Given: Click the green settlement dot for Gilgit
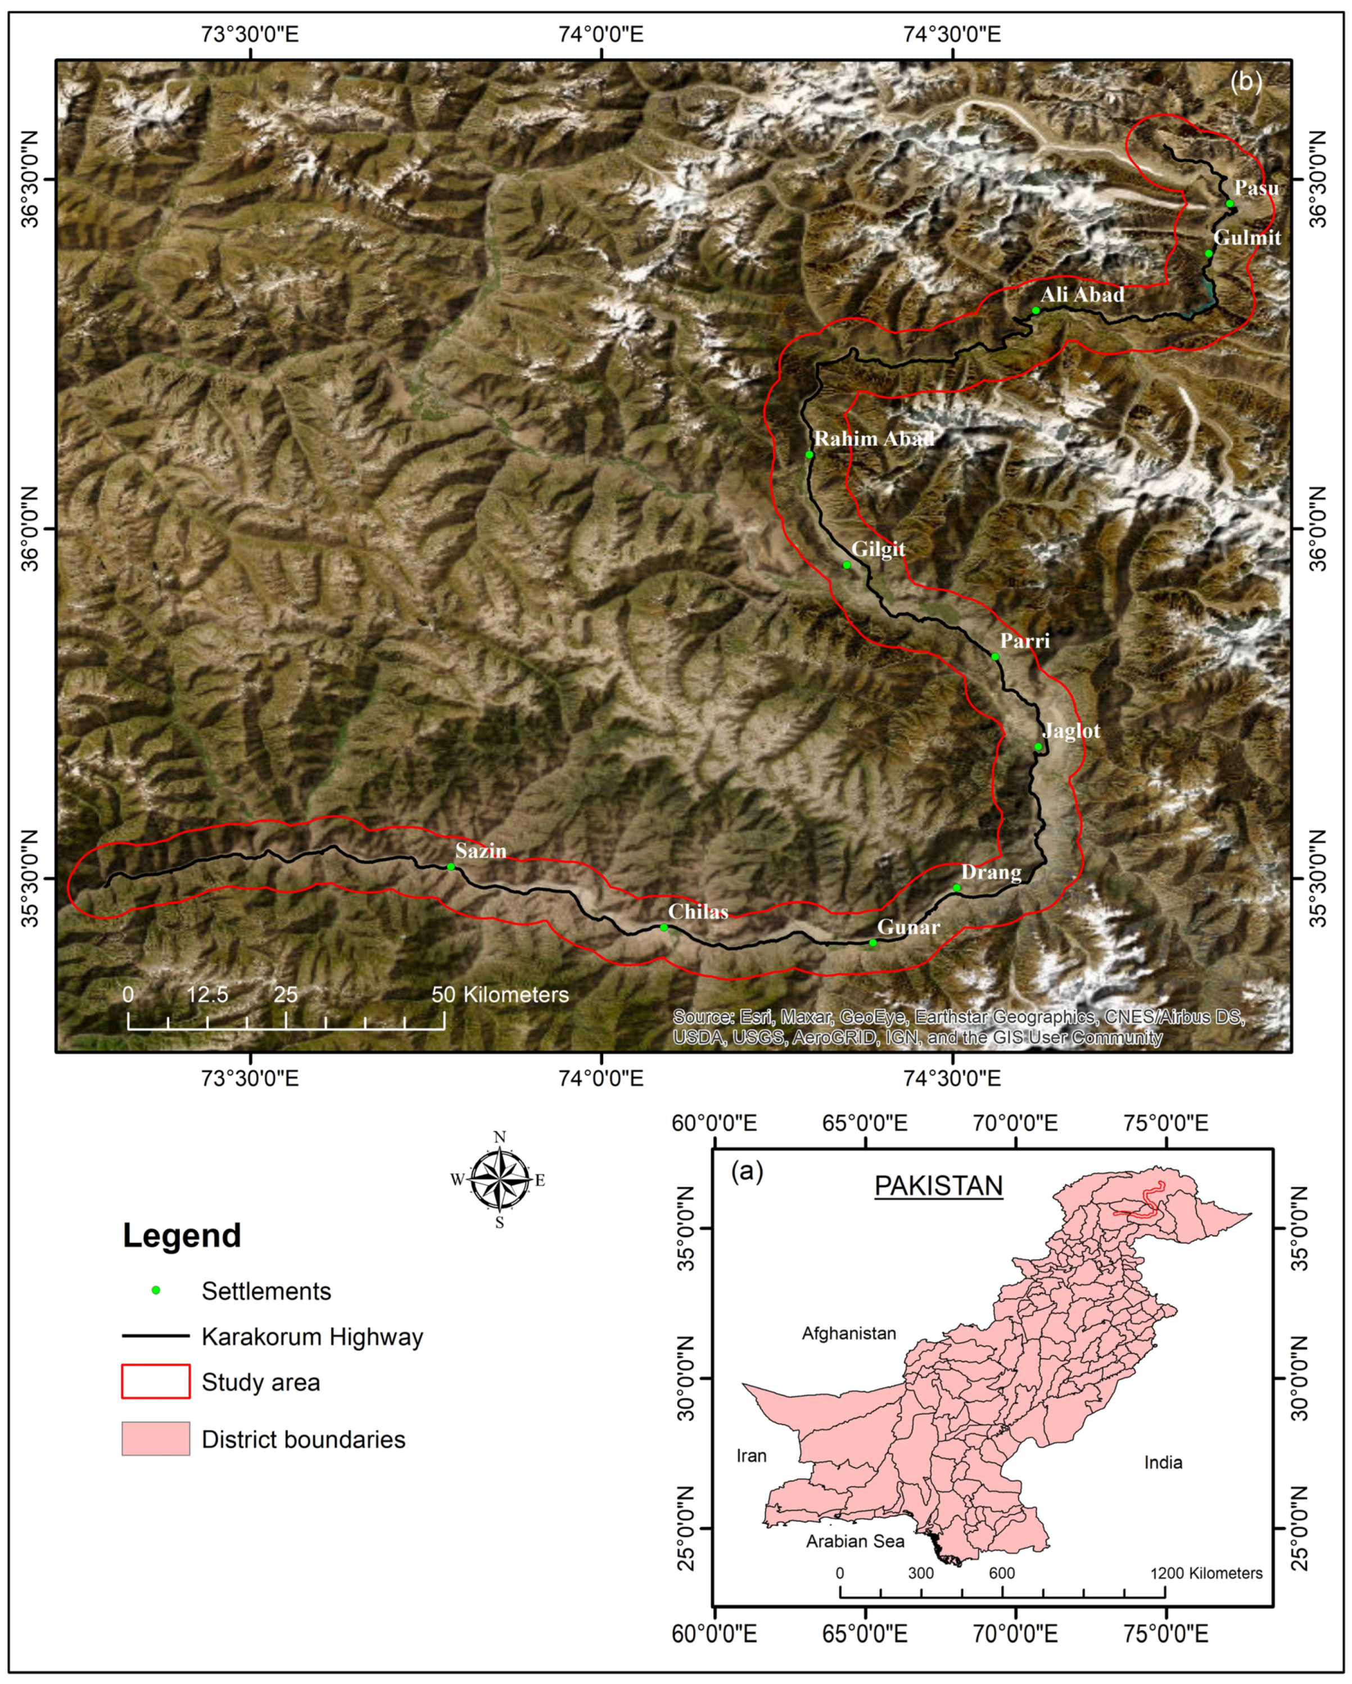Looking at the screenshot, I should pyautogui.click(x=847, y=565).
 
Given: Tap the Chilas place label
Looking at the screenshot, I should pyautogui.click(x=698, y=911).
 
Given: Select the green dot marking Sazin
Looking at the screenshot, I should pyautogui.click(x=451, y=867).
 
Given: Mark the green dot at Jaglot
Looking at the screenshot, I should pyautogui.click(x=1038, y=747).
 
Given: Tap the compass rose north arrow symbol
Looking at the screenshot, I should pyautogui.click(x=500, y=1180).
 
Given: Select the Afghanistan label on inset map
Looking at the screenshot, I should pyautogui.click(x=848, y=1333).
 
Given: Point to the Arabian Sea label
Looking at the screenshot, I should pyautogui.click(x=854, y=1541).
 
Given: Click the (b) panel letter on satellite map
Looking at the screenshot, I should pyautogui.click(x=1246, y=81).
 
